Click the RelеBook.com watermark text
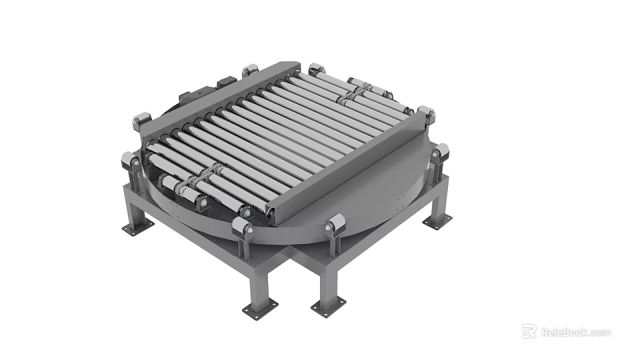pos(575,332)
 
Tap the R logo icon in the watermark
pos(529,331)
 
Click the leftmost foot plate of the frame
pos(137,227)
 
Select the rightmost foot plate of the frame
pos(437,223)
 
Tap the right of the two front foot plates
pos(329,307)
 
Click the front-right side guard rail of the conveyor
pos(347,167)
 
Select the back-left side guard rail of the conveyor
pos(213,100)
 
